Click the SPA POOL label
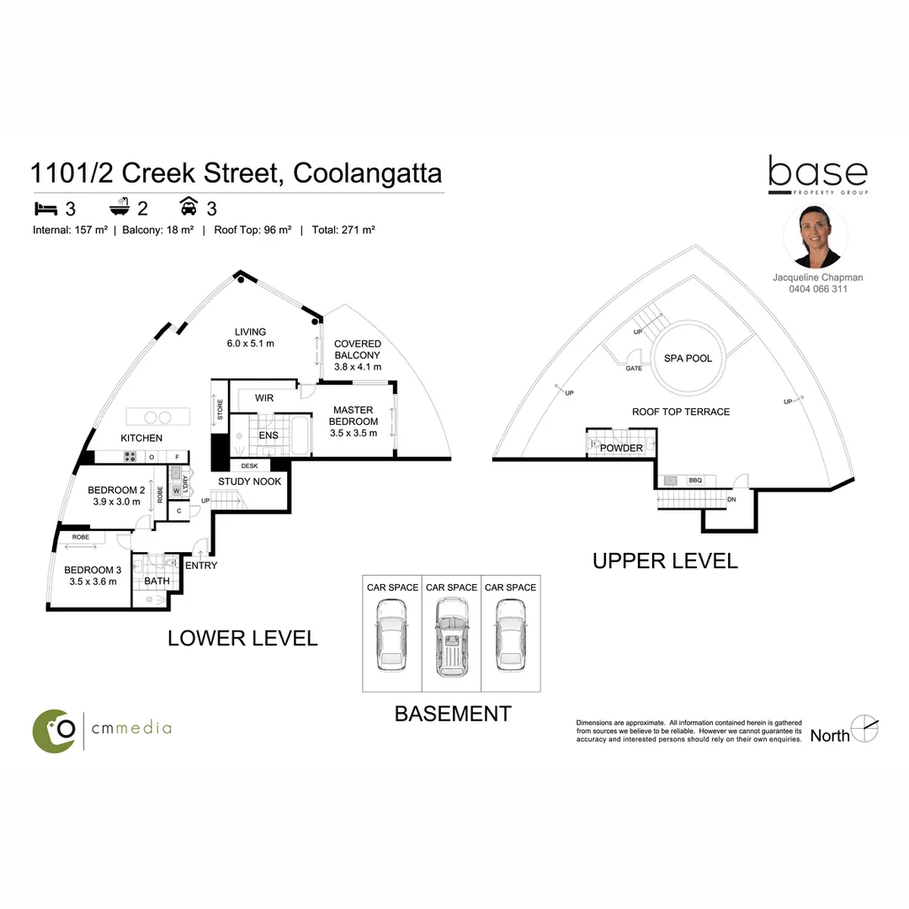click(688, 359)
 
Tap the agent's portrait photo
click(815, 237)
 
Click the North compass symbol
click(864, 729)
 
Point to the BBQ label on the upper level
click(695, 481)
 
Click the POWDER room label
click(621, 449)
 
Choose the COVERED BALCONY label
click(358, 355)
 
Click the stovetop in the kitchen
click(131, 457)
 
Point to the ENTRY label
click(201, 566)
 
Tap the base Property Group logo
click(817, 175)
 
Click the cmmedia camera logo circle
click(55, 730)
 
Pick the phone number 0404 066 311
click(817, 290)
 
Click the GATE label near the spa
click(634, 369)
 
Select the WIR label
click(264, 397)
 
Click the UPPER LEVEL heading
click(665, 561)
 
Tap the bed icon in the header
click(45, 207)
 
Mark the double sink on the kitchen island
click(155, 417)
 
